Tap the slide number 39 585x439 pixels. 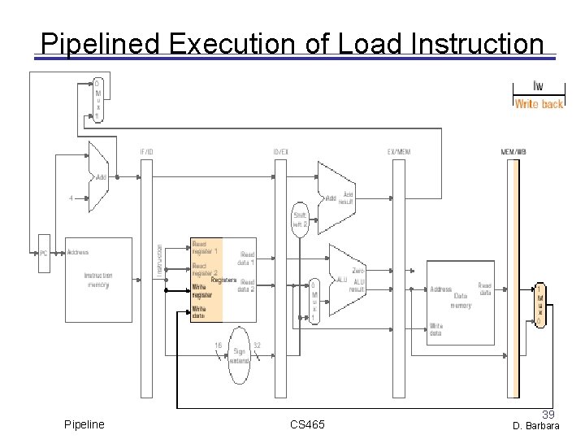point(548,415)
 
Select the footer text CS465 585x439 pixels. point(307,425)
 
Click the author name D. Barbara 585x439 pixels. point(535,426)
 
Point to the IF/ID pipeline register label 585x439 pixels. point(146,152)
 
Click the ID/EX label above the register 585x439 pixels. point(280,152)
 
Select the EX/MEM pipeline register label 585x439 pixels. point(398,152)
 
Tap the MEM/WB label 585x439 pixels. point(513,152)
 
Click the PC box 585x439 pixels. point(44,253)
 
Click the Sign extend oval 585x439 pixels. point(239,354)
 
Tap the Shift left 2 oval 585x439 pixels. point(300,219)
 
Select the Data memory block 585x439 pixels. point(460,297)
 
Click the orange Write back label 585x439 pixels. point(538,104)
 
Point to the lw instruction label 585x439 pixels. point(538,86)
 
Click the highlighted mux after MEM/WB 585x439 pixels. point(539,304)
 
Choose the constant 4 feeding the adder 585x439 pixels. point(71,196)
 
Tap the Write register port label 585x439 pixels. point(202,290)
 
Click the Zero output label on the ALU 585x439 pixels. point(358,269)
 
